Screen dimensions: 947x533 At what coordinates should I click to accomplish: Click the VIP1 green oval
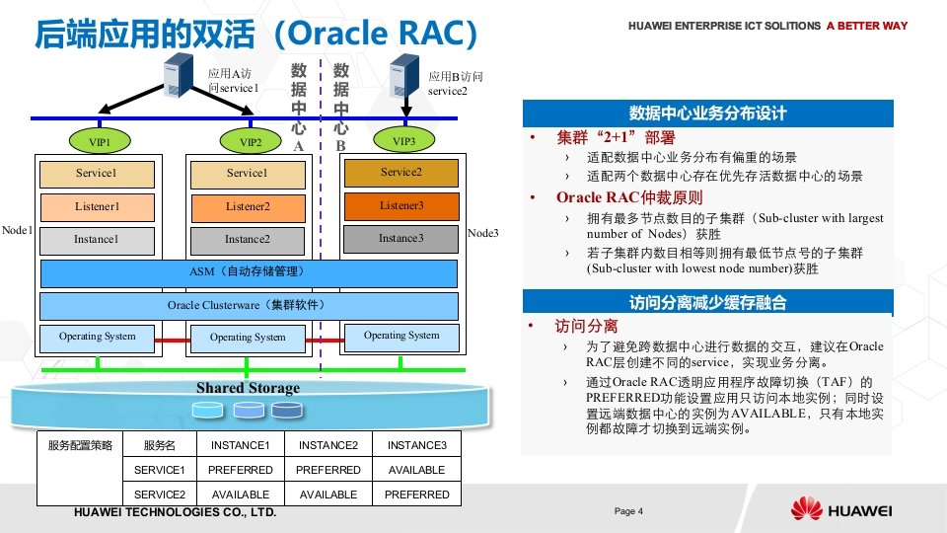100,141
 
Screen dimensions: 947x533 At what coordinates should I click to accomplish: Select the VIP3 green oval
404,141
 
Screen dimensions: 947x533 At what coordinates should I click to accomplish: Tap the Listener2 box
248,207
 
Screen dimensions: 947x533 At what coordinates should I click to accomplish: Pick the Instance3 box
401,239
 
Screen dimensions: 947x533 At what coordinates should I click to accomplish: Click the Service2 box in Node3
401,173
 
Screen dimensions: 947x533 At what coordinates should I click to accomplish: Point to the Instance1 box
97,240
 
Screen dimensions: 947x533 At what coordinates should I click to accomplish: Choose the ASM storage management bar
249,273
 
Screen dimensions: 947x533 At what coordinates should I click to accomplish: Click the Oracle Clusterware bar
249,306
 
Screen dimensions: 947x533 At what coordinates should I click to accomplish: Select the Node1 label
17,230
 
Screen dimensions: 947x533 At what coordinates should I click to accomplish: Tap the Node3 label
483,233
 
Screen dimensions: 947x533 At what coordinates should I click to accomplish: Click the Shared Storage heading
249,388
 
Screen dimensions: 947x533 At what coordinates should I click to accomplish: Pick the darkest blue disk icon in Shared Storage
287,411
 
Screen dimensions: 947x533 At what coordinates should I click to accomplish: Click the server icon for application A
179,76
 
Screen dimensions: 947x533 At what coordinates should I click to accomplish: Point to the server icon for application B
404,76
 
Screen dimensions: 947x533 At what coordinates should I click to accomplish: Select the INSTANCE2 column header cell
328,445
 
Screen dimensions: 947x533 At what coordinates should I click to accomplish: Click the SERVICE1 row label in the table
160,470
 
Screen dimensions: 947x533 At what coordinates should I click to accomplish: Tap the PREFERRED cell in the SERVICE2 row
416,495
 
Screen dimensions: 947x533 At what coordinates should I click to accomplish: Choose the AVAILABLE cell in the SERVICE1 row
416,470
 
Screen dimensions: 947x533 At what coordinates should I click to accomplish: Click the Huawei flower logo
807,508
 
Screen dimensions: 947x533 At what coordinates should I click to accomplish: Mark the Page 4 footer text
628,511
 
